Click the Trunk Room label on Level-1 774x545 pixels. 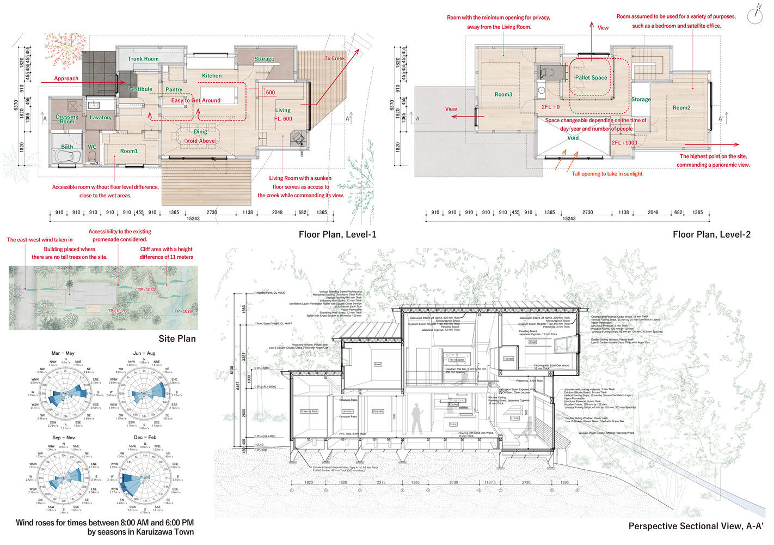point(143,59)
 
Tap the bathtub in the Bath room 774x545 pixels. point(67,156)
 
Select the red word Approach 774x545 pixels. point(66,78)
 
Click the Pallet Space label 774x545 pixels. point(591,78)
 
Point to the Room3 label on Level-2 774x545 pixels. point(503,95)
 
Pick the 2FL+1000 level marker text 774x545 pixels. point(624,143)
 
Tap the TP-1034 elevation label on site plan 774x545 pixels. point(146,290)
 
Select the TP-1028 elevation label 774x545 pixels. point(183,311)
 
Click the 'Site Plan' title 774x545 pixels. point(177,338)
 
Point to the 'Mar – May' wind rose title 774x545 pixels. point(63,353)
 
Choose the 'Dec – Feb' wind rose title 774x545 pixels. point(145,437)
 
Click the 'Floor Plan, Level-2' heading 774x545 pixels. point(711,234)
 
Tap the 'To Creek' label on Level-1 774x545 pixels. point(335,58)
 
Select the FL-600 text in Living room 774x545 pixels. point(283,119)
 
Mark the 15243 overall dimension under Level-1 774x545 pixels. point(193,219)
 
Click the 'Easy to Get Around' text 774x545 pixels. point(196,100)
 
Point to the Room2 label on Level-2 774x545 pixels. point(681,108)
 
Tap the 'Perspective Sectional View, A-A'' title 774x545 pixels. point(696,526)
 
